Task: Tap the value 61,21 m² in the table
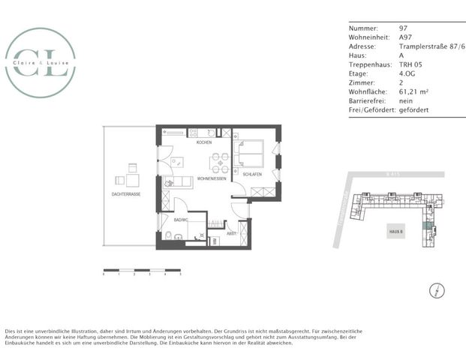[414, 91]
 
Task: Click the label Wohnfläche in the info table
[366, 91]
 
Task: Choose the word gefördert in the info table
[413, 109]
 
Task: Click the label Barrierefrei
[366, 100]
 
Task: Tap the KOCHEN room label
[204, 142]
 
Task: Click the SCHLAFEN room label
[252, 174]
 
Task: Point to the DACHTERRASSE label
[125, 193]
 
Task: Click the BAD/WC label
[180, 220]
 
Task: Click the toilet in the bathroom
[171, 237]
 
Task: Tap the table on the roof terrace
[132, 180]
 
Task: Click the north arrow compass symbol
[434, 290]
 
